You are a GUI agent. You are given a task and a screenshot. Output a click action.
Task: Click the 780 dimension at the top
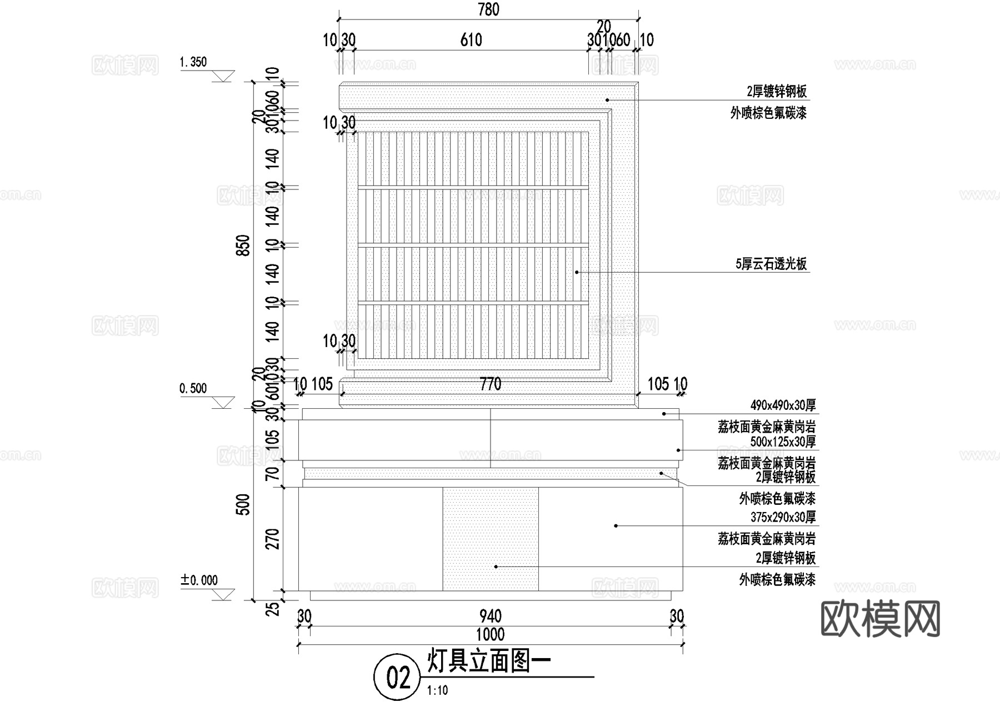(488, 9)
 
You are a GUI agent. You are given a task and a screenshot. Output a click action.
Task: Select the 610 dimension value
(471, 40)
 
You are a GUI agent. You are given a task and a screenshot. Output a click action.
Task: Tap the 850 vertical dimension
(244, 245)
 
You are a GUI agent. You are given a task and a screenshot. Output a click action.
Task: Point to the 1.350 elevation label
(193, 62)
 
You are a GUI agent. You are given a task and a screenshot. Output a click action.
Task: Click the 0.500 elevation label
(193, 389)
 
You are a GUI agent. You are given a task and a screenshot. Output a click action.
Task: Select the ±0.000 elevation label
(199, 581)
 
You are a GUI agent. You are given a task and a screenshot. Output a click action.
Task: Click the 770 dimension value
(490, 384)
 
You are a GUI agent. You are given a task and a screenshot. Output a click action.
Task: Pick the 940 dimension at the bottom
(490, 616)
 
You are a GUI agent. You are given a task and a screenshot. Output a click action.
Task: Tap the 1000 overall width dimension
(490, 635)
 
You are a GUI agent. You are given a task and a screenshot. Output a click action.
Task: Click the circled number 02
(398, 677)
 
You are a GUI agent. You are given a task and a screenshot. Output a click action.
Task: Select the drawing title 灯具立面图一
(489, 661)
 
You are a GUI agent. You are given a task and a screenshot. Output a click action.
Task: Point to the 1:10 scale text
(438, 691)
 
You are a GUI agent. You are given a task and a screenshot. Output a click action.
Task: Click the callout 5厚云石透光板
(771, 264)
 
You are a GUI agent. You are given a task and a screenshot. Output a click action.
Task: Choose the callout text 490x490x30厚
(783, 405)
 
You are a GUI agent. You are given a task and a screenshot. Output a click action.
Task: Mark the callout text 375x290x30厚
(783, 518)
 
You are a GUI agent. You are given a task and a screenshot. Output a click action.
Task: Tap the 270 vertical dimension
(273, 539)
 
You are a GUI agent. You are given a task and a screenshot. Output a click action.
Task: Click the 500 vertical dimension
(244, 504)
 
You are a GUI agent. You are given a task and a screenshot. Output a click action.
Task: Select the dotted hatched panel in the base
(490, 539)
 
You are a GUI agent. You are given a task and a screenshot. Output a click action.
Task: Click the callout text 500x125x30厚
(783, 442)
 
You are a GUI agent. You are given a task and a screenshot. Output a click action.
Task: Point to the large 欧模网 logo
(880, 619)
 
